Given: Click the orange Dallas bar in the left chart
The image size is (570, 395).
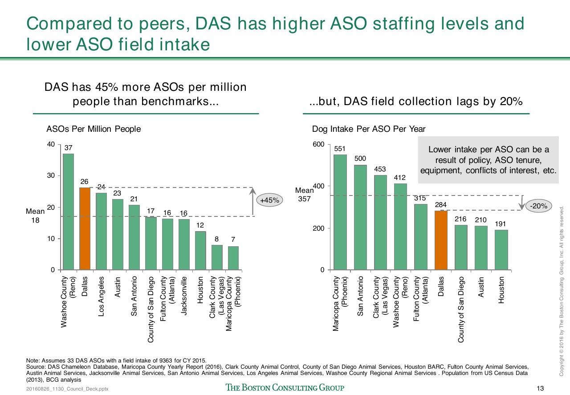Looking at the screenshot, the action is coord(85,228).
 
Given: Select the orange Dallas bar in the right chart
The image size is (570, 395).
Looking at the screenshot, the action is coord(441,240).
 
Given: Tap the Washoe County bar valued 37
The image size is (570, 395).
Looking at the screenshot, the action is coord(68,212).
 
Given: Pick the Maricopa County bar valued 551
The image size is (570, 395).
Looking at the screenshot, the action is coord(340,212).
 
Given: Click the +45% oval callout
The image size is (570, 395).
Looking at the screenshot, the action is coord(269,200).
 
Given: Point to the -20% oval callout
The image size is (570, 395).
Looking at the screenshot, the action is coord(538,206).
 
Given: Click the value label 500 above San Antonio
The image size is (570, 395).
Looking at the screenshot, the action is coord(360,159).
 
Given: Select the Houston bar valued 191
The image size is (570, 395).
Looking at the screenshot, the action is coord(501,250).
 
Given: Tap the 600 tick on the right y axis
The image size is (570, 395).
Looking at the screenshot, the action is coord(318,144).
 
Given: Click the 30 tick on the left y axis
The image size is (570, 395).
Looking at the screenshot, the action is coord(51,175).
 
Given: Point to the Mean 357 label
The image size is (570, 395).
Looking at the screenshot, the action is coord(304,195).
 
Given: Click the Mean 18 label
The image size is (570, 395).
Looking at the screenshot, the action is coord(35,216).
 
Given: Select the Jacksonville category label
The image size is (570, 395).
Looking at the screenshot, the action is coord(184,296).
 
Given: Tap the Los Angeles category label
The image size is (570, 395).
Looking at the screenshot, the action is coord(101,297).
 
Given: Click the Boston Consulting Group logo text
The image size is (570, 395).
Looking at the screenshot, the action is coord(285,387).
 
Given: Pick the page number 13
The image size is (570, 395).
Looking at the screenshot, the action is coord(540,388).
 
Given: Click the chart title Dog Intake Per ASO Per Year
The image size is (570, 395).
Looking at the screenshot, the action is coord(369,129).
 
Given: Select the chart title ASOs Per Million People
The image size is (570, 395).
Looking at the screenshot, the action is coord(94,129).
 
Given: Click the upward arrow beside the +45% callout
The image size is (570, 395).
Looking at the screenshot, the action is coord(252,201).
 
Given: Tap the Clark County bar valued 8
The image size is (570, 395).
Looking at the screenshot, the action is coord(217,257).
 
